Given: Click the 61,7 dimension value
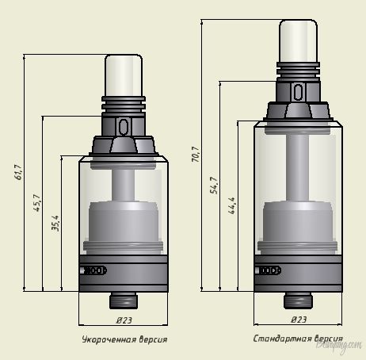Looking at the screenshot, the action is tap(18, 172).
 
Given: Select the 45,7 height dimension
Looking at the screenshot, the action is tap(37, 203).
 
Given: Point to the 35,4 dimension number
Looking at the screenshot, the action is tap(55, 224).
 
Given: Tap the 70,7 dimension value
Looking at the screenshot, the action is tap(196, 154).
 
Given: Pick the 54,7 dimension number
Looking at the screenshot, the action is tap(214, 186).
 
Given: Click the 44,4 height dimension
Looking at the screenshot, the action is tap(231, 205).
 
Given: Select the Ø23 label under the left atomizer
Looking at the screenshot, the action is tap(124, 320).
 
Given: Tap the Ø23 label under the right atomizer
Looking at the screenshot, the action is tap(299, 320).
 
